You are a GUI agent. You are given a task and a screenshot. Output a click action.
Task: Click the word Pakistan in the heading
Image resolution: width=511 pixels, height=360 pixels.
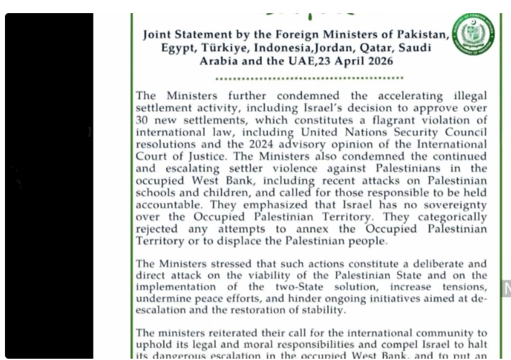point(421,35)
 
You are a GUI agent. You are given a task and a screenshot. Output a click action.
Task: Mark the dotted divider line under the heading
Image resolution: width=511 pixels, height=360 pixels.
point(309,78)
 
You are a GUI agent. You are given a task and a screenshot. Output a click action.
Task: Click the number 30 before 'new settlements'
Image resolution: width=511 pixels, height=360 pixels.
point(143,120)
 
